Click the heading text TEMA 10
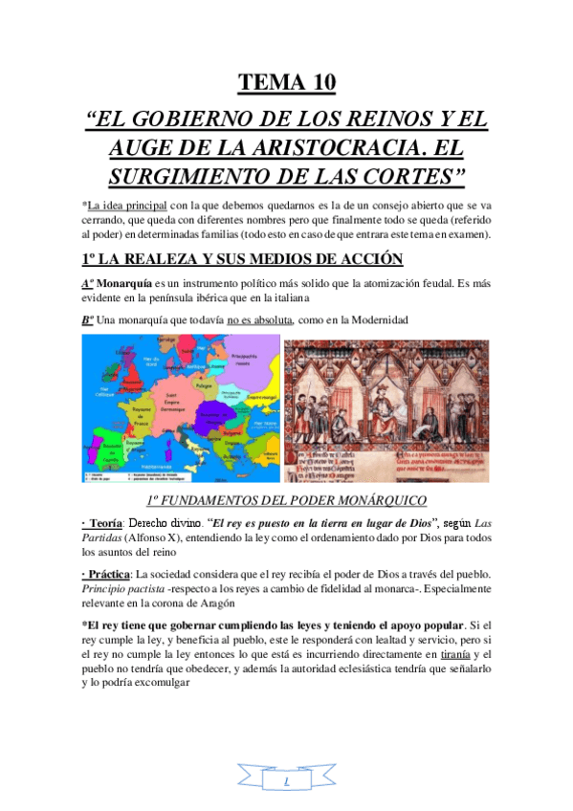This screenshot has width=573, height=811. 286,82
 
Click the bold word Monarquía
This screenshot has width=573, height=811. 125,283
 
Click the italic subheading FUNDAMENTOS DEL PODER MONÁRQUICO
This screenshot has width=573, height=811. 286,500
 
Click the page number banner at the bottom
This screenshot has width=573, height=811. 286,783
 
